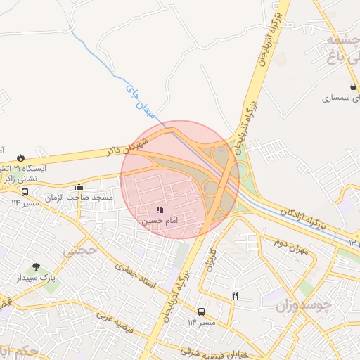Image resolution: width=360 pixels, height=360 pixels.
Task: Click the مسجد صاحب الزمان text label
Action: tap(79, 198)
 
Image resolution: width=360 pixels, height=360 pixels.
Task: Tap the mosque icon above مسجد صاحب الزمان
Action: tap(79, 187)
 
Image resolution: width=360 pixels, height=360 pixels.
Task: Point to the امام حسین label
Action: tap(160, 221)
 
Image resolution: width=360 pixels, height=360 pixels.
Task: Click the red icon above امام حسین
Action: tap(160, 210)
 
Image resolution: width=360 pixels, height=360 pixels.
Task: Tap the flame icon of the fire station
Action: tap(21, 157)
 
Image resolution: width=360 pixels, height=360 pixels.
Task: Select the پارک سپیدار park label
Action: tap(36, 278)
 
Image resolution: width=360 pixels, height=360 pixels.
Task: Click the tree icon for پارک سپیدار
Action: tap(36, 267)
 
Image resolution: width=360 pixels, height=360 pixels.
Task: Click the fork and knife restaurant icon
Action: tap(235, 296)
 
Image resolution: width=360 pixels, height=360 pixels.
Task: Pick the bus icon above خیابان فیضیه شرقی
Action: tap(202, 311)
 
